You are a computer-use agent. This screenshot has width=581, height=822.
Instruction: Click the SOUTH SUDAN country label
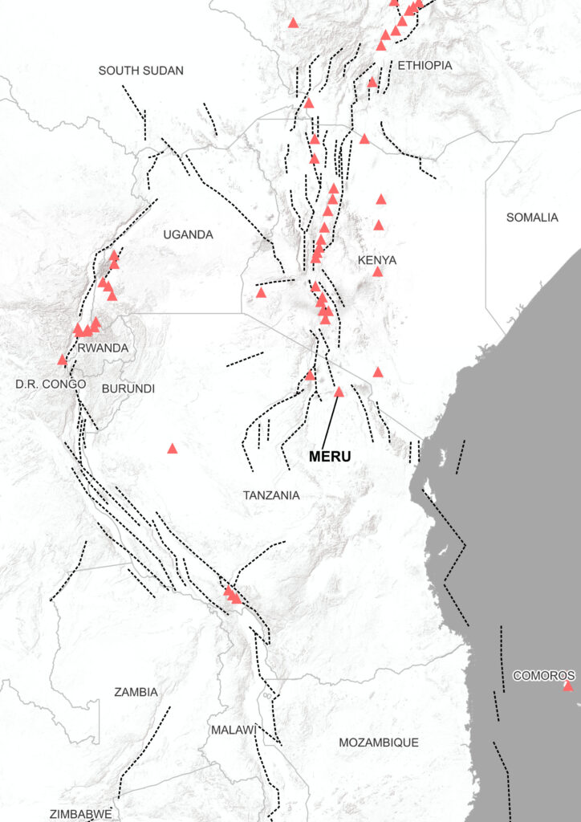coord(141,71)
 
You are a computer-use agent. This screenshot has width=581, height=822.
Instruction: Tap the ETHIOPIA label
coord(425,65)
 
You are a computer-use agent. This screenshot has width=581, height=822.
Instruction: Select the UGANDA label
coord(188,234)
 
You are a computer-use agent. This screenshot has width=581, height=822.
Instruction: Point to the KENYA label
coord(376,260)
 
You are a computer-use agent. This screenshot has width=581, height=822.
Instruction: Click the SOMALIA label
coord(532,218)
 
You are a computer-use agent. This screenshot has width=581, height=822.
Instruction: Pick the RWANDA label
coord(103,348)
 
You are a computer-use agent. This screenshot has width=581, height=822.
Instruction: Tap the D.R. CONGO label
coord(51,384)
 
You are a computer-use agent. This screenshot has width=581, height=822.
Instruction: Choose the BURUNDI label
coord(128,388)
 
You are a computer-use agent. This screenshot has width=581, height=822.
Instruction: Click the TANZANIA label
coord(271,495)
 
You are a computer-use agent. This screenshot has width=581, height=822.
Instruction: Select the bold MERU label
coord(330,456)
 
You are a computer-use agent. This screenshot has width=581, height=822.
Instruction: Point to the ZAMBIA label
coord(136,691)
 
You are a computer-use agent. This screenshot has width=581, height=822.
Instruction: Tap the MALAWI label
coord(233,730)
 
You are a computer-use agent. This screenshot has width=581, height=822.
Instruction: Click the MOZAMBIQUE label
coord(378,743)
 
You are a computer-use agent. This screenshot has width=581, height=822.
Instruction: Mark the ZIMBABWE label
coord(80,813)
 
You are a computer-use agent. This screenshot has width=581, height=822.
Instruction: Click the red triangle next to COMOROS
coord(568,686)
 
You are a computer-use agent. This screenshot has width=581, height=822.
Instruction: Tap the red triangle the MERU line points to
coord(339,392)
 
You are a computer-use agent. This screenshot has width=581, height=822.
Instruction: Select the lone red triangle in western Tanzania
coord(172,448)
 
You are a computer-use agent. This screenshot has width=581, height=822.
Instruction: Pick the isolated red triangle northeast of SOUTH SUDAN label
coord(293,22)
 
